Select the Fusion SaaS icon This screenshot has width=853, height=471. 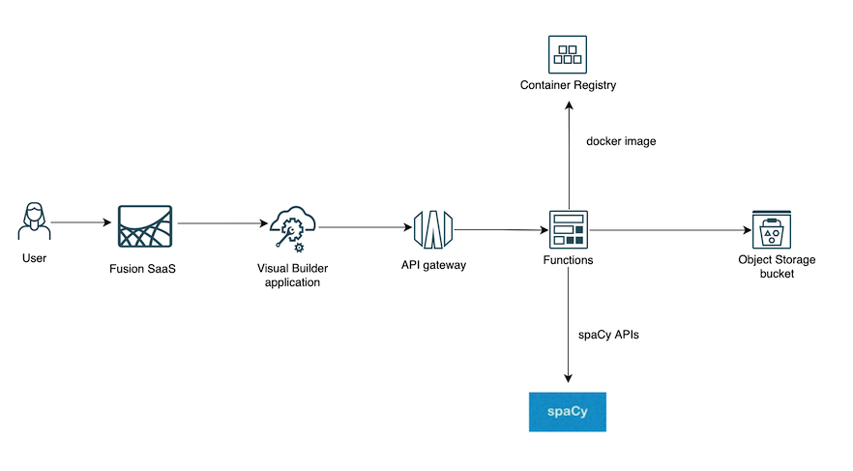(x=145, y=229)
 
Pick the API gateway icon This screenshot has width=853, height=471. (x=431, y=229)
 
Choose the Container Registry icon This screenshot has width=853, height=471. (x=568, y=55)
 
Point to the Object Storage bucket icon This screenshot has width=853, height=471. (x=771, y=229)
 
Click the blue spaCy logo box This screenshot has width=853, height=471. (x=567, y=411)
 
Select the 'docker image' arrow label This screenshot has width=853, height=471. (x=621, y=141)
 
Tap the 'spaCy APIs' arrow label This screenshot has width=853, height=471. (x=615, y=335)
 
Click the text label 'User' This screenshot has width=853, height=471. (x=35, y=258)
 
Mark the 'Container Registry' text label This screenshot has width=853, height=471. (x=568, y=85)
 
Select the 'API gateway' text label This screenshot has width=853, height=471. (x=432, y=264)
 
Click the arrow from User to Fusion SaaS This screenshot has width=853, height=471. (x=81, y=222)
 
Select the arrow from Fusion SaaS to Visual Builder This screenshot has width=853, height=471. (x=222, y=223)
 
